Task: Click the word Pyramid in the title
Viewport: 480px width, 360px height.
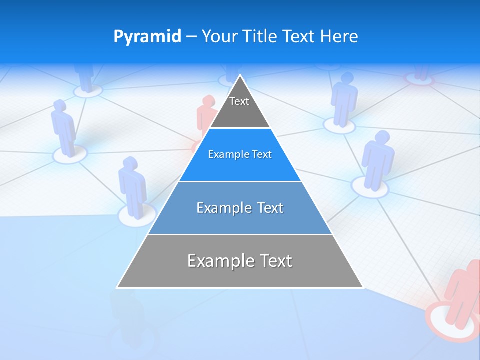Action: (x=147, y=37)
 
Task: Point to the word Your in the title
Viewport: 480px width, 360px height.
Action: (x=219, y=36)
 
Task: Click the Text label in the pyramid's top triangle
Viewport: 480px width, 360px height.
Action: (x=239, y=101)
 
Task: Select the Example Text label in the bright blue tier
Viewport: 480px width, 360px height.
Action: (x=240, y=154)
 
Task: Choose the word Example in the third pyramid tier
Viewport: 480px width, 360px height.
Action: (x=220, y=208)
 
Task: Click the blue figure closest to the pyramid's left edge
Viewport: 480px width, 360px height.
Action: (x=132, y=186)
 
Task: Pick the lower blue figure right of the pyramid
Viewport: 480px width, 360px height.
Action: (x=377, y=160)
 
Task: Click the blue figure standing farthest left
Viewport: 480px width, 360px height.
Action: (x=63, y=127)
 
